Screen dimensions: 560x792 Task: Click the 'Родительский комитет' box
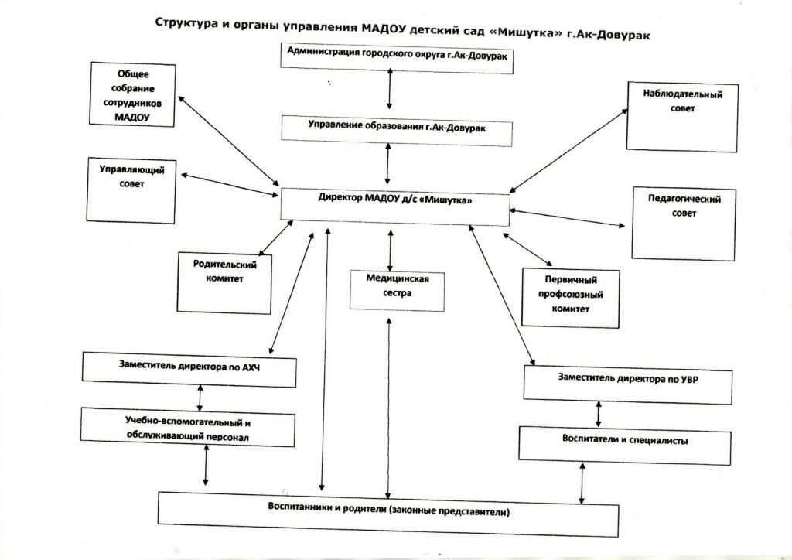(x=224, y=282)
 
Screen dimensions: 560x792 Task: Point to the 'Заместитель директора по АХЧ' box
(x=189, y=368)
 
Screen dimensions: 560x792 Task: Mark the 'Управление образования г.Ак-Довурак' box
(x=397, y=128)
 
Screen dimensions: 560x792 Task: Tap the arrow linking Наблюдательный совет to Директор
(x=568, y=149)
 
